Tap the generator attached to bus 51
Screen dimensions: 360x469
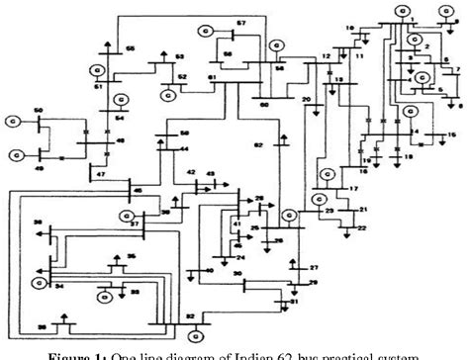pos(99,69)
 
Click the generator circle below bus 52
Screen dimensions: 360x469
pos(169,95)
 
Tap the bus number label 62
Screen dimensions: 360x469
pos(257,144)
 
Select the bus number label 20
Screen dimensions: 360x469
pos(307,101)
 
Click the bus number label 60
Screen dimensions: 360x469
pos(264,104)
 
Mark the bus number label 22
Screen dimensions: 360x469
pos(362,228)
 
